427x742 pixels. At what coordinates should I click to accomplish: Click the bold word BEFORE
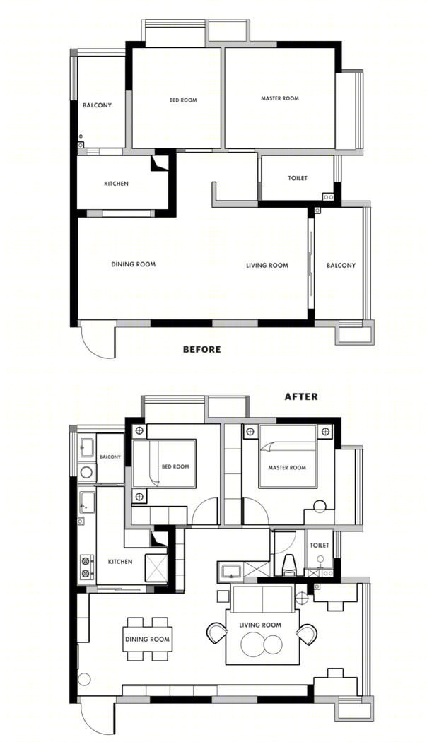[x=201, y=350]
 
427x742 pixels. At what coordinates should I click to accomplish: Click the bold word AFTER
[x=301, y=396]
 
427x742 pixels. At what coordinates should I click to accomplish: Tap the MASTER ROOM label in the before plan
[x=280, y=98]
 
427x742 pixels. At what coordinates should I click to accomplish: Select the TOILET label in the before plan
[x=298, y=178]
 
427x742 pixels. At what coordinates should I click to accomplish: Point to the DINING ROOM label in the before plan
[x=134, y=264]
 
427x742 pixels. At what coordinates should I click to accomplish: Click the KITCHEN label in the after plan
[x=120, y=562]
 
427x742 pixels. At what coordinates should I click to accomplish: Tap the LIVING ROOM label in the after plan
[x=260, y=625]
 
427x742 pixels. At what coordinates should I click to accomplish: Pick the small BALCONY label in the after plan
[x=110, y=457]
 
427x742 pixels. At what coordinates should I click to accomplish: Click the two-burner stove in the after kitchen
[x=86, y=567]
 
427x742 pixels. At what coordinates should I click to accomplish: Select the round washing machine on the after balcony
[x=86, y=472]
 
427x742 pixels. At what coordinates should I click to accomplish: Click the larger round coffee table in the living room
[x=253, y=644]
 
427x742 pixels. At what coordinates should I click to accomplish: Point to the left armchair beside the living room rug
[x=218, y=633]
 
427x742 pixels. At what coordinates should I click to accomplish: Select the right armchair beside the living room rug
[x=307, y=634]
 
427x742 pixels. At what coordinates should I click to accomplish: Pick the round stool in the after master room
[x=320, y=507]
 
